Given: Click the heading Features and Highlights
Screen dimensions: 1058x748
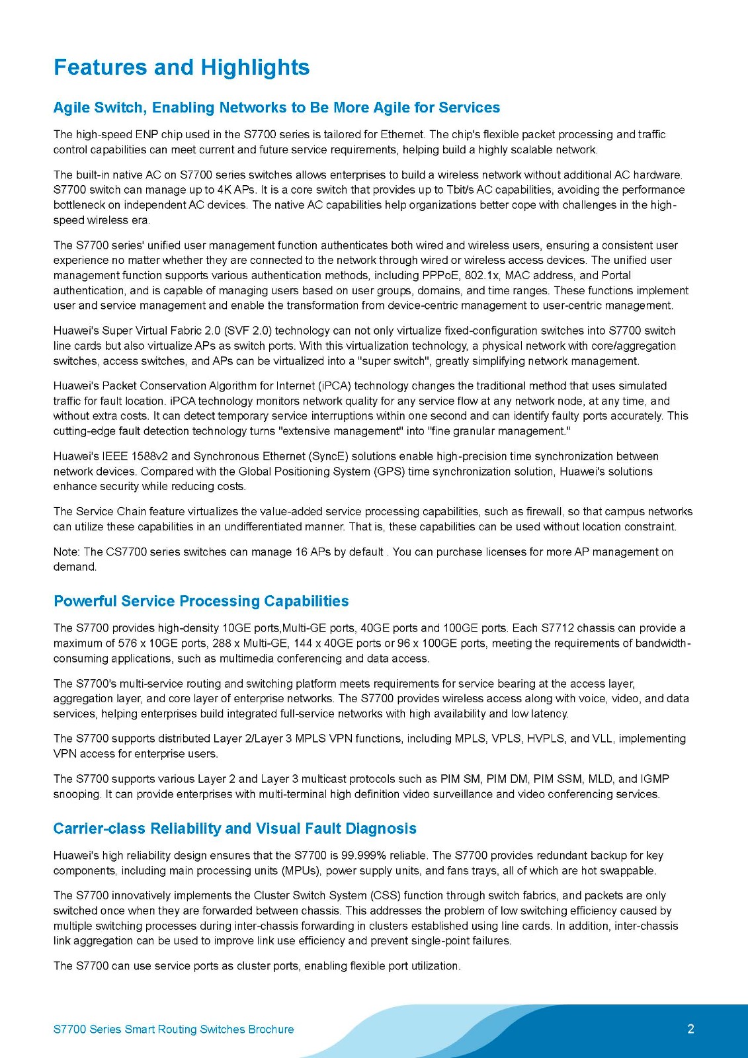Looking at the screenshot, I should tap(181, 67).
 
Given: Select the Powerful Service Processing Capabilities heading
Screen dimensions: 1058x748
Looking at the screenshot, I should tap(201, 601).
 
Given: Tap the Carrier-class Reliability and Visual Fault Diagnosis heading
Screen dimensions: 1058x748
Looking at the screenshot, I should tap(235, 829).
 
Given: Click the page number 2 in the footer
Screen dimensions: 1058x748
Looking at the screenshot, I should tap(691, 1029).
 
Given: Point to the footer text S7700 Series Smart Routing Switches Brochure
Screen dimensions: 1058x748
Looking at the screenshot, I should tap(173, 1030).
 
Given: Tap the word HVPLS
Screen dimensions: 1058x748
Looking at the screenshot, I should tap(546, 739).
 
